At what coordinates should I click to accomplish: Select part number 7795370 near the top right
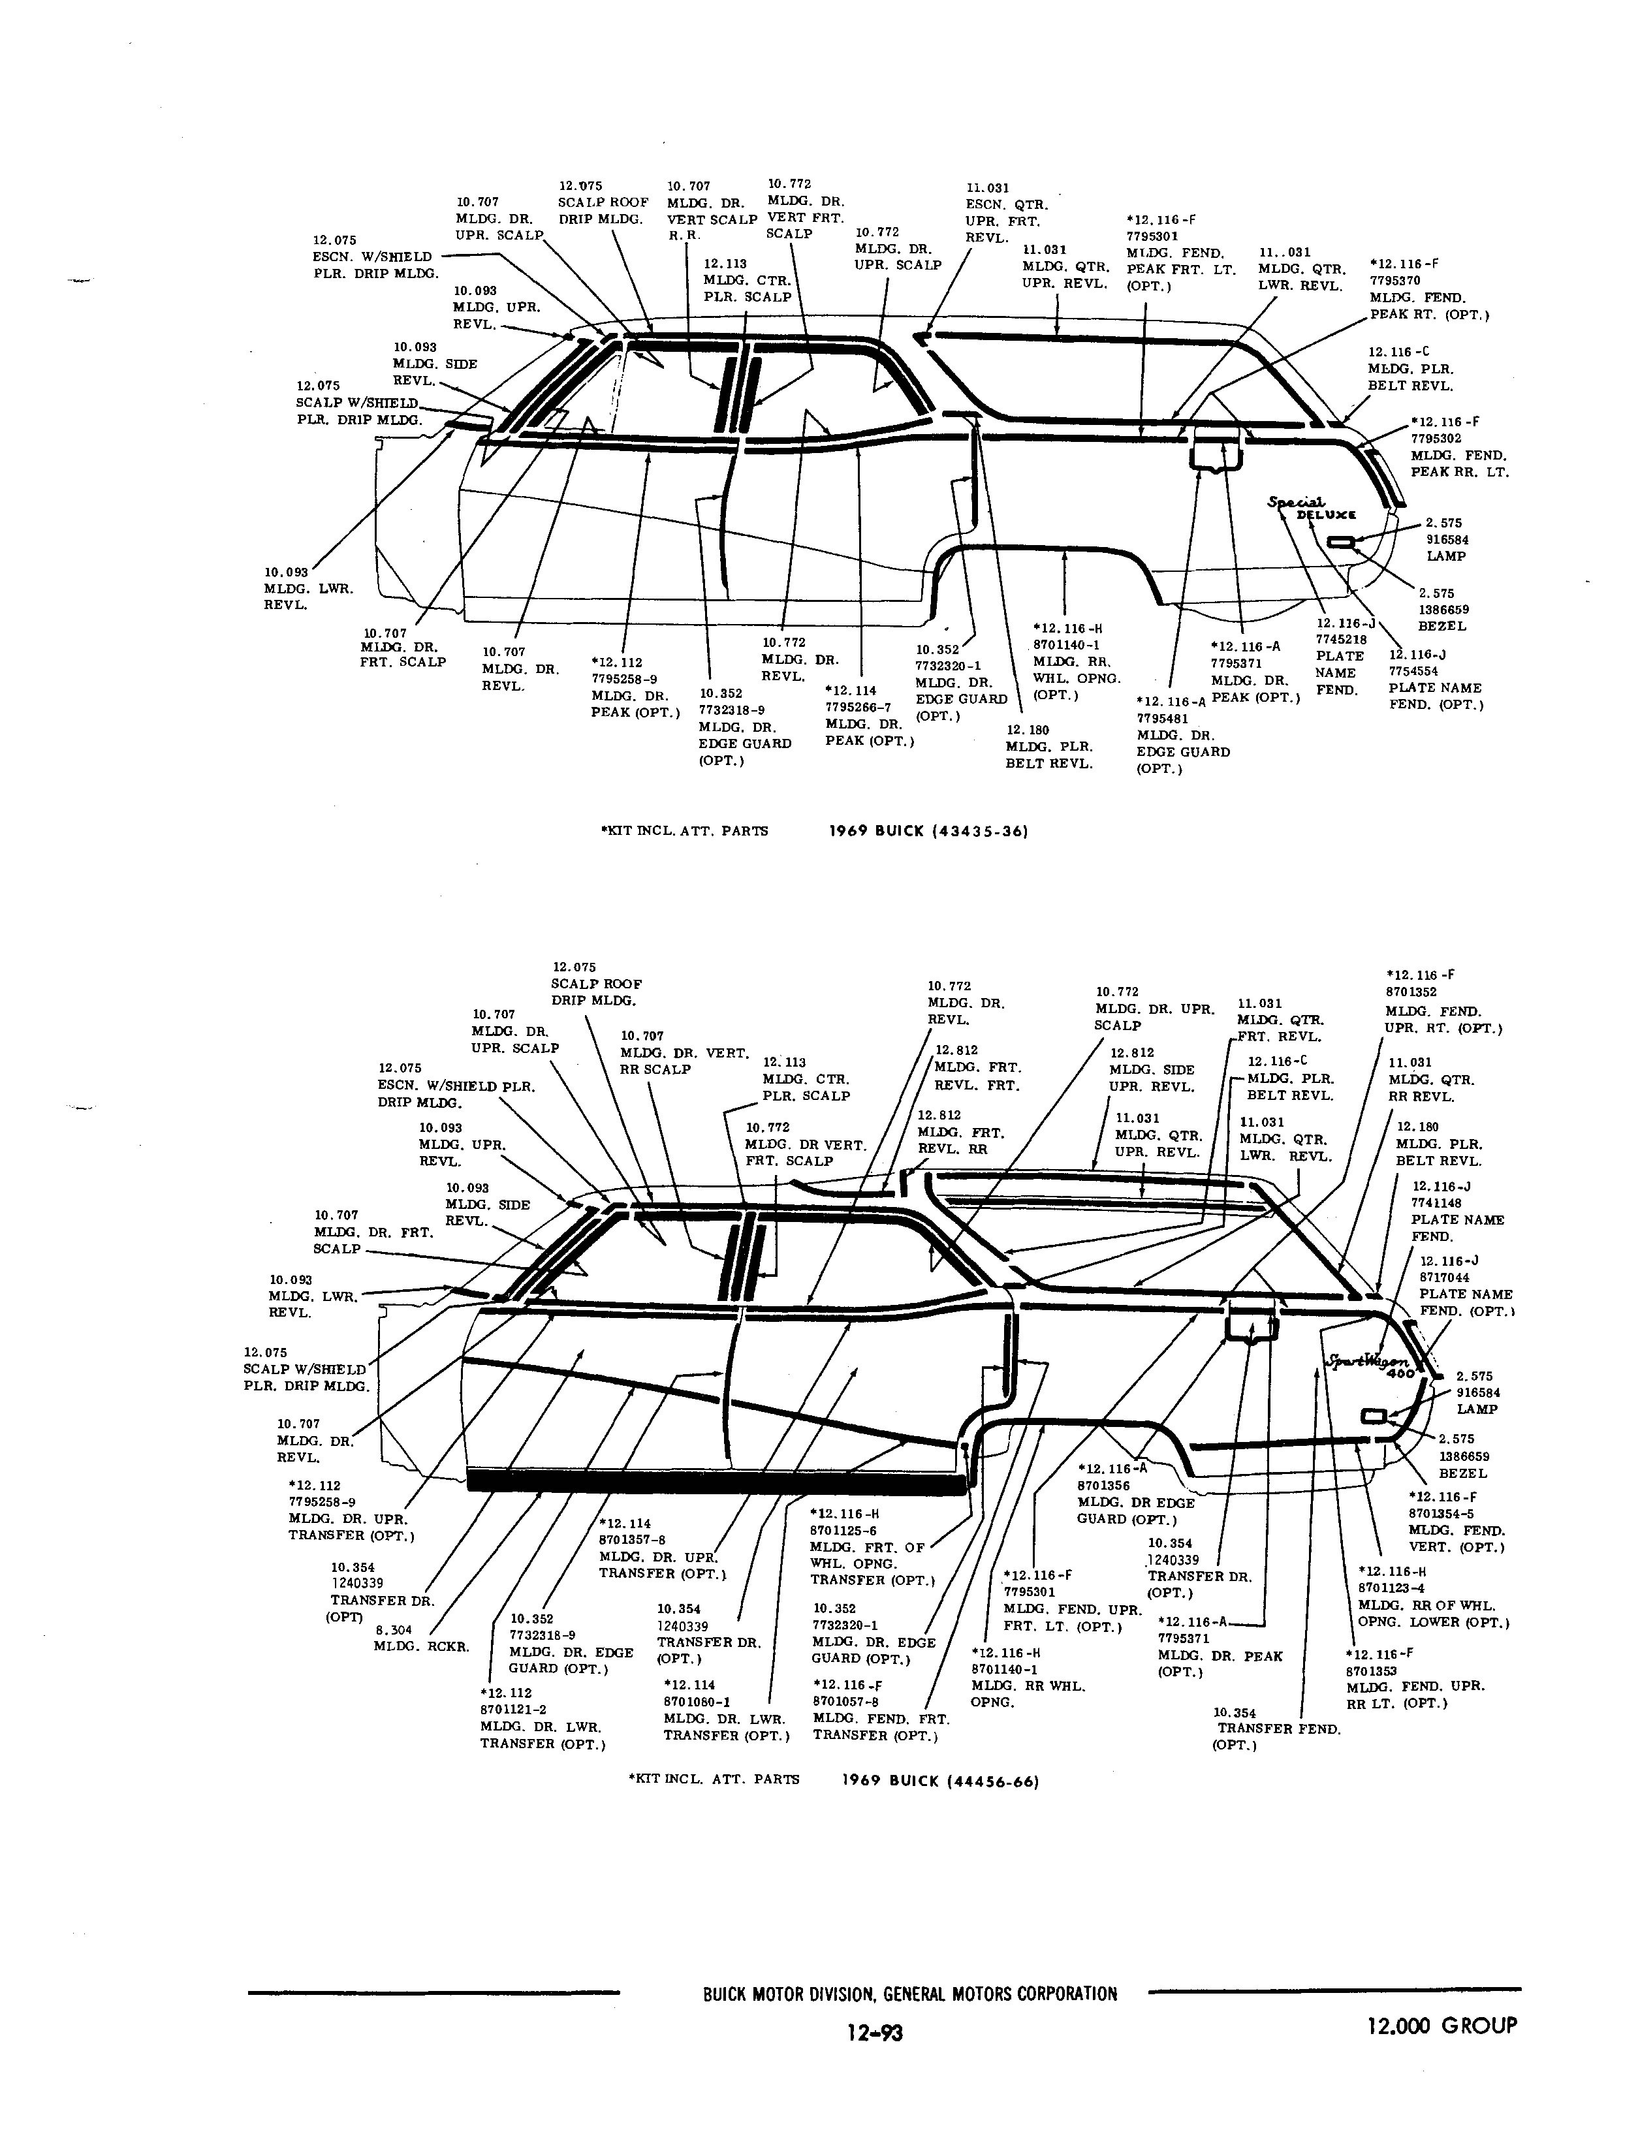[1395, 281]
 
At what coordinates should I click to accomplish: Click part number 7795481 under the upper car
[1161, 719]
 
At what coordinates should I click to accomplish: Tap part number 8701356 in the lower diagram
[1103, 1486]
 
